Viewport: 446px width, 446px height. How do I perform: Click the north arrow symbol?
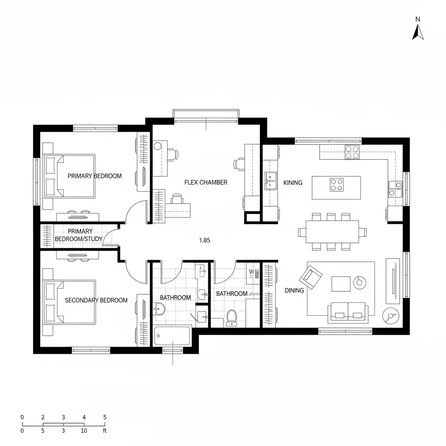418,32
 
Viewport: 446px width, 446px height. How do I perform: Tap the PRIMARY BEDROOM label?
95,176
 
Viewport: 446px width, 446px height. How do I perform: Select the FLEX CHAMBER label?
206,182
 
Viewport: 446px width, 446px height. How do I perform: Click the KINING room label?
293,183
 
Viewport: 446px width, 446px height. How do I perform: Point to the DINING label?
294,290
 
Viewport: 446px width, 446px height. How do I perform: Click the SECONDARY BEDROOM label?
96,300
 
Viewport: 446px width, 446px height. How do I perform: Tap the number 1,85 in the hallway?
205,240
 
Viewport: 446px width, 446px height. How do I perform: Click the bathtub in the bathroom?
172,336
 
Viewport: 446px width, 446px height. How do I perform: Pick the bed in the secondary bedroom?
69,302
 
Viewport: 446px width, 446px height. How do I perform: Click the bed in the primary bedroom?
69,176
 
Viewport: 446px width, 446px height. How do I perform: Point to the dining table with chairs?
332,232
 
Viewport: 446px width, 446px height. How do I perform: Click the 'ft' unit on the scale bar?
105,431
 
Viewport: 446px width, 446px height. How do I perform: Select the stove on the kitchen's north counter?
352,152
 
